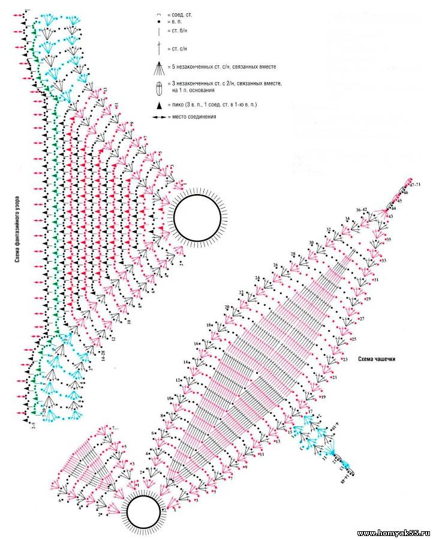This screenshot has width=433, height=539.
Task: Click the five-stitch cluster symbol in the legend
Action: click(158, 66)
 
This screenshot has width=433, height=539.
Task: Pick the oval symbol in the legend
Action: click(158, 87)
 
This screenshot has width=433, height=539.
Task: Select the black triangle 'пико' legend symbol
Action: click(158, 105)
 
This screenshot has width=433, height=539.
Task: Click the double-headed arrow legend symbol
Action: click(158, 116)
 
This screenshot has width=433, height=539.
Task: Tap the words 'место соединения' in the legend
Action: click(192, 116)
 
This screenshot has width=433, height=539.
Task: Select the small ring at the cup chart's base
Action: click(143, 512)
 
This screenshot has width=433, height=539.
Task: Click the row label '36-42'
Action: click(362, 210)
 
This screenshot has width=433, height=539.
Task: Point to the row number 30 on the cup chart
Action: click(311, 243)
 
